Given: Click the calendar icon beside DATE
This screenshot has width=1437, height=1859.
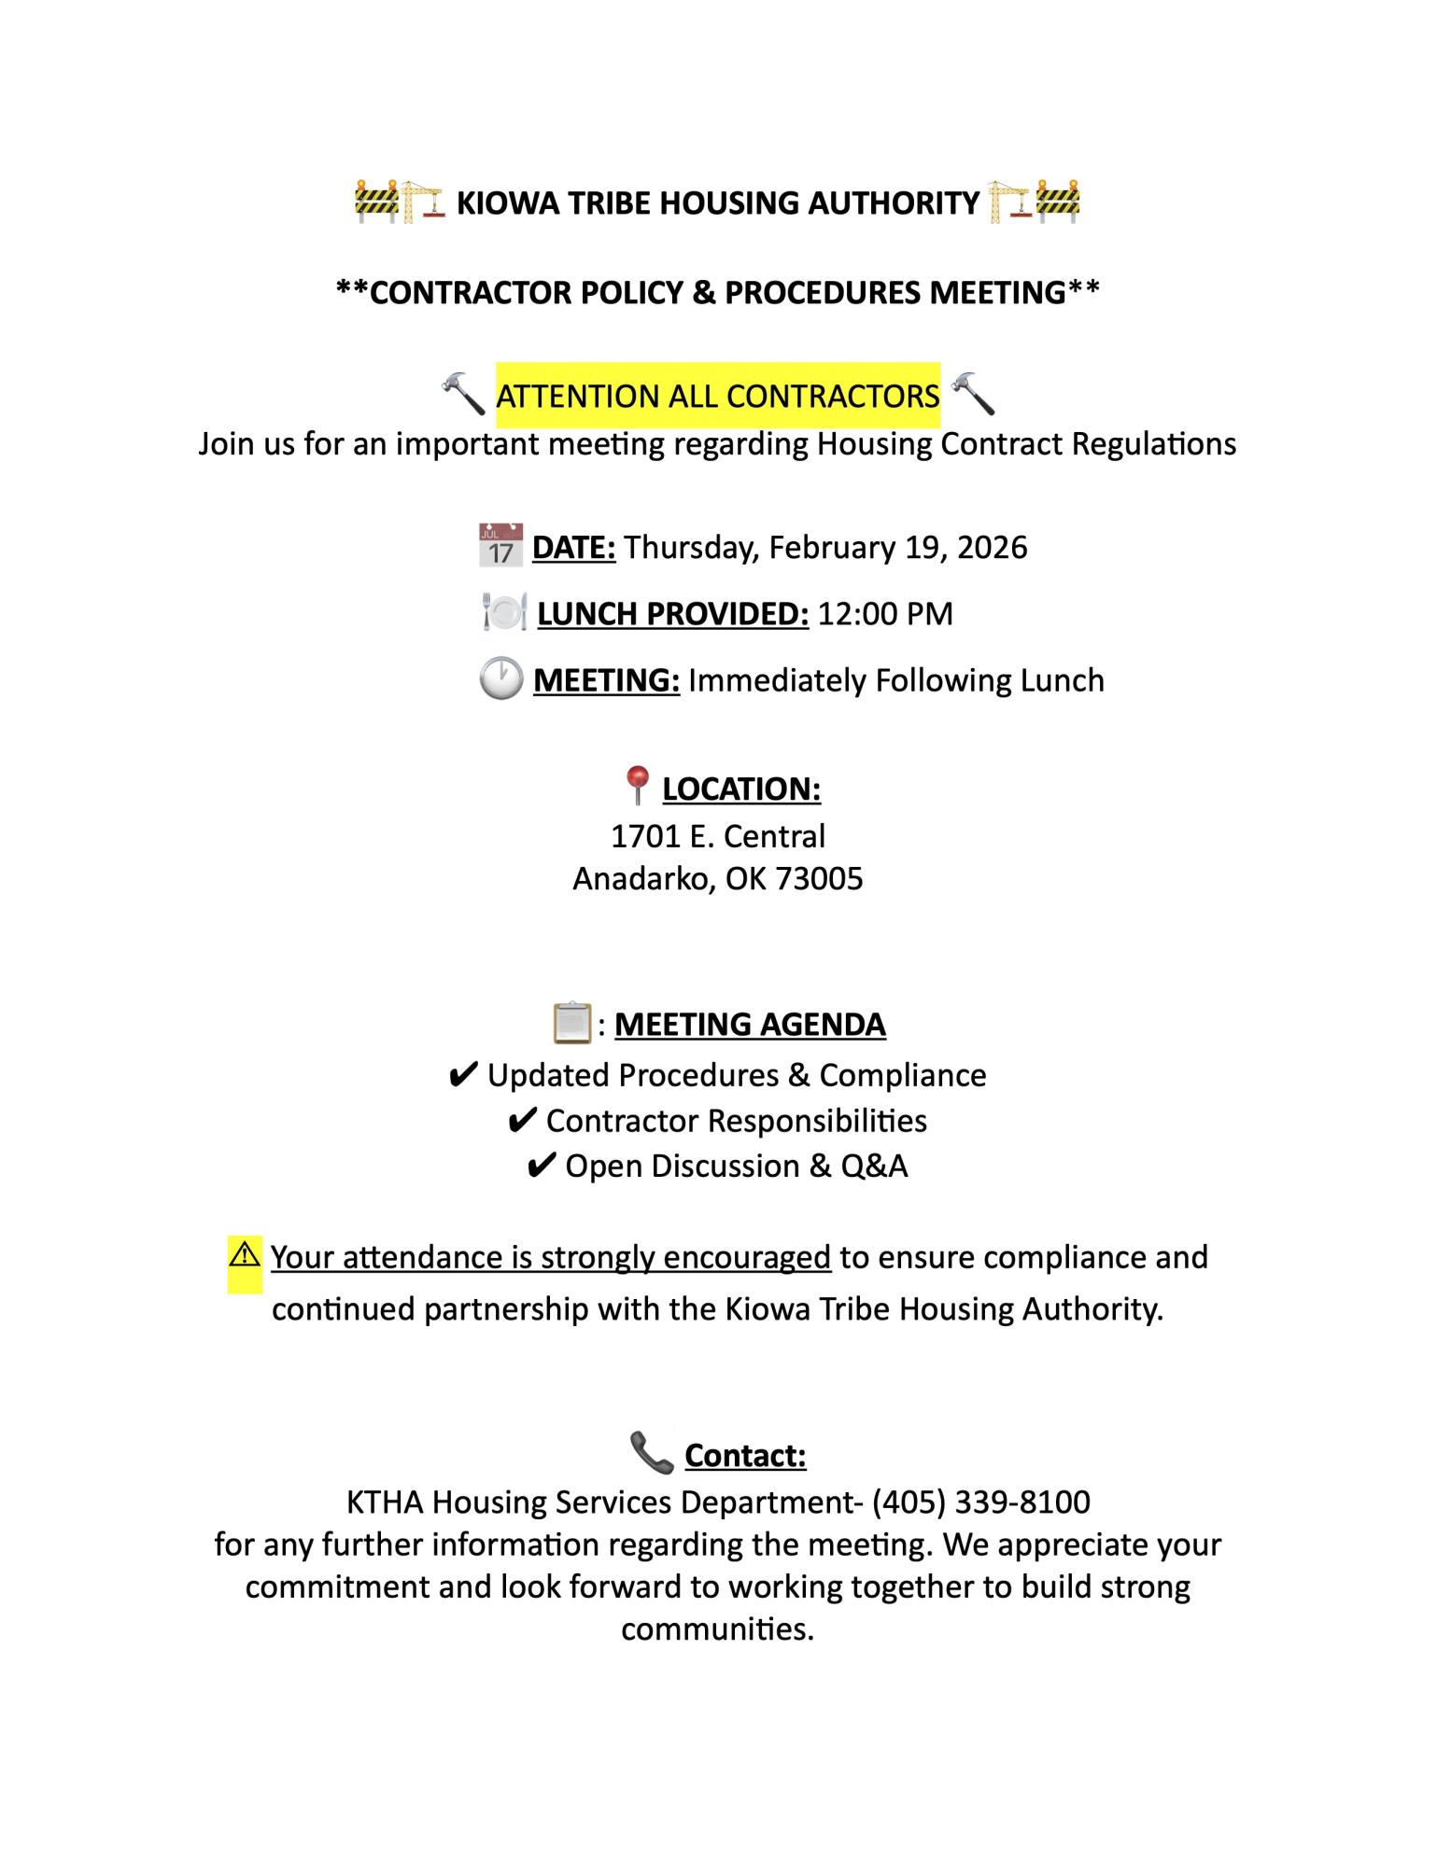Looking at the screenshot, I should click(500, 546).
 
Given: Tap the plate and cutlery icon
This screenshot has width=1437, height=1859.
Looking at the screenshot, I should click(504, 613).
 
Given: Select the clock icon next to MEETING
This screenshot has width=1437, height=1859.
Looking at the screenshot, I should click(500, 679).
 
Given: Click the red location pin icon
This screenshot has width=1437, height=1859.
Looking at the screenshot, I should click(637, 786).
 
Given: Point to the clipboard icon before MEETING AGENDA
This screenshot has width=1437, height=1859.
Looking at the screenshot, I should click(571, 1023).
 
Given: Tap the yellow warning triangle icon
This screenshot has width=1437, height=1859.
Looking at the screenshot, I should click(244, 1254).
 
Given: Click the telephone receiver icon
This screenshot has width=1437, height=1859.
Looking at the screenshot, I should click(652, 1454).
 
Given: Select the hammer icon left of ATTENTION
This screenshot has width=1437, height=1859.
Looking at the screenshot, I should click(463, 394).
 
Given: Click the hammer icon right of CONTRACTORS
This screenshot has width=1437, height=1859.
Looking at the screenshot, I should click(973, 394).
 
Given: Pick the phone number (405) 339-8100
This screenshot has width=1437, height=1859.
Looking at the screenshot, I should click(981, 1502).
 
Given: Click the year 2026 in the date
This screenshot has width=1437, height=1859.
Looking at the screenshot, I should click(993, 547).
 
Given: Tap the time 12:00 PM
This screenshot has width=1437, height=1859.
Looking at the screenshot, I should click(885, 614).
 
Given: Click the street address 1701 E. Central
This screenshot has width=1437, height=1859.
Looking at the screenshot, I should click(718, 836).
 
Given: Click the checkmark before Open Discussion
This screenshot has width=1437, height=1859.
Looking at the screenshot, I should click(542, 1167).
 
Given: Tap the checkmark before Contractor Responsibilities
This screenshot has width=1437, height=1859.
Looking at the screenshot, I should click(522, 1121).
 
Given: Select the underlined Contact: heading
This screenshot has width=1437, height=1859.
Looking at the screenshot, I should click(745, 1455).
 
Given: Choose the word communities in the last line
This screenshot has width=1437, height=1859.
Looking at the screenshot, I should click(717, 1628).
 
